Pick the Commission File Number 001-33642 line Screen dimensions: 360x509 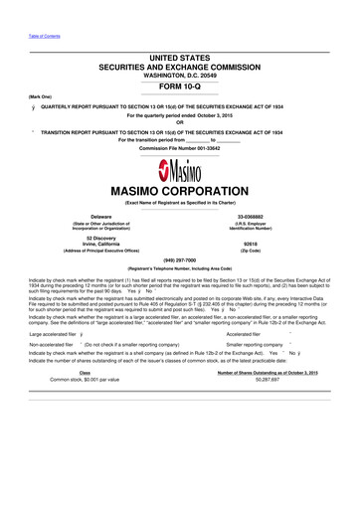pyautogui.click(x=179, y=148)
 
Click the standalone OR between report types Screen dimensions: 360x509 pyautogui.click(x=179, y=123)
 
